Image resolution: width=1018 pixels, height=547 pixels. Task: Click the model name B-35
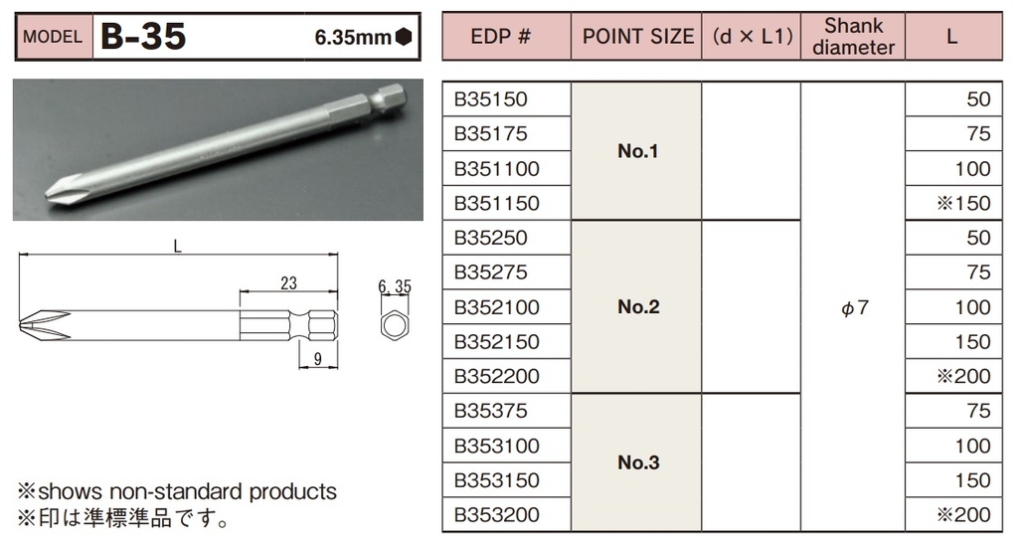(x=143, y=37)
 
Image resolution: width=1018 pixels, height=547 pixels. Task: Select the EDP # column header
(x=501, y=37)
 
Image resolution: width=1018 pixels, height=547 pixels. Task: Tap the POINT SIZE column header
(x=637, y=37)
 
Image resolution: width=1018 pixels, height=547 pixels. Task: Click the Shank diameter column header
(x=853, y=37)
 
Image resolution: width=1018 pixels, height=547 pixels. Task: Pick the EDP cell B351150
(x=497, y=203)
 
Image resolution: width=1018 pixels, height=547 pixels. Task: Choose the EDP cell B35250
(x=491, y=238)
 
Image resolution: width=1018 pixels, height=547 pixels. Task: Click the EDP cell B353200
(x=497, y=515)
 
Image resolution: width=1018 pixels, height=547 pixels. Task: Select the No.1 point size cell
(x=637, y=151)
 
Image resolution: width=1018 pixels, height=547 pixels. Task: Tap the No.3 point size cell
(x=638, y=462)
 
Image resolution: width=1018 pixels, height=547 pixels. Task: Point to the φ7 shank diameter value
(x=854, y=307)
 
